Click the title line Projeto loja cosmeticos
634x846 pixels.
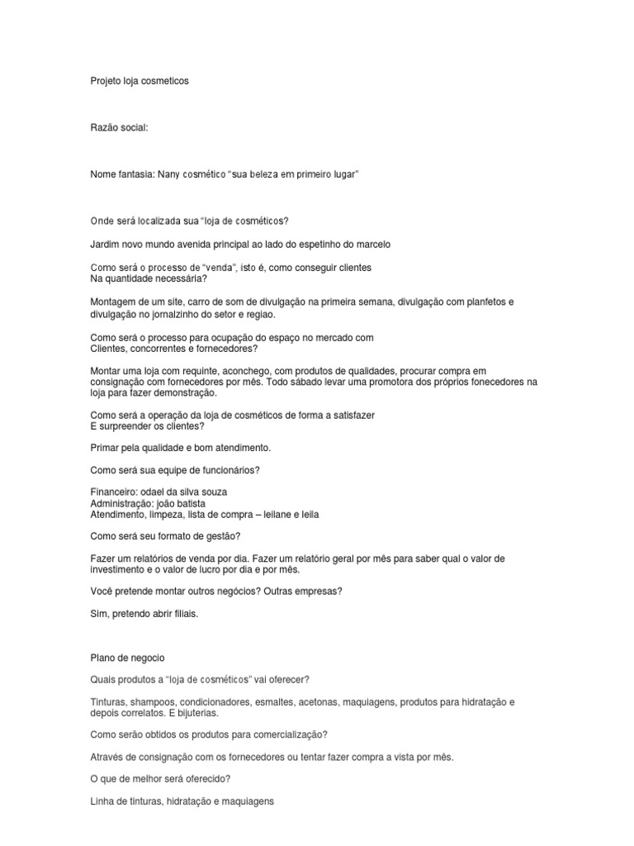pyautogui.click(x=140, y=81)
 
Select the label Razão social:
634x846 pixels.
pyautogui.click(x=119, y=127)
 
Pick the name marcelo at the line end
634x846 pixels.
pyautogui.click(x=371, y=245)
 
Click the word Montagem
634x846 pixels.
pyautogui.click(x=111, y=302)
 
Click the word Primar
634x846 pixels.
pyautogui.click(x=104, y=448)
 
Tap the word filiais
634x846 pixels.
pyautogui.click(x=183, y=615)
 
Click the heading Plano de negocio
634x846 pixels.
pyautogui.click(x=127, y=658)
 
